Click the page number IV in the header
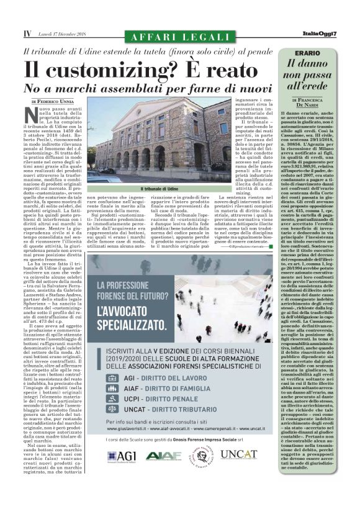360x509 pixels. click(27, 33)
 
